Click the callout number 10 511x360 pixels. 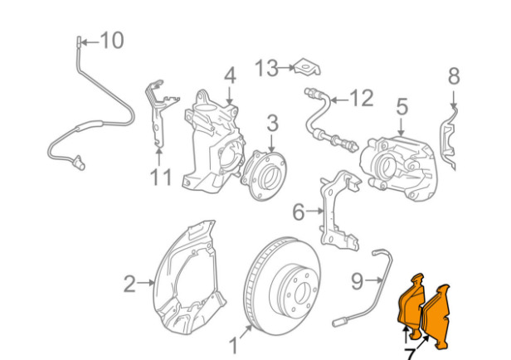click(x=111, y=39)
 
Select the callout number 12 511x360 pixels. click(x=361, y=98)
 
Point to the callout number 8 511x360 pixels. click(x=453, y=77)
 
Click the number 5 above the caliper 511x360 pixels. click(x=401, y=107)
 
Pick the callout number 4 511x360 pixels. click(x=230, y=75)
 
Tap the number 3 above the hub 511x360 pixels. click(x=272, y=124)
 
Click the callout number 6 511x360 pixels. click(x=299, y=212)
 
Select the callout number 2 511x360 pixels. click(x=129, y=285)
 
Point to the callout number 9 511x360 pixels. click(x=357, y=281)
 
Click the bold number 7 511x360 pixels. click(x=411, y=354)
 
